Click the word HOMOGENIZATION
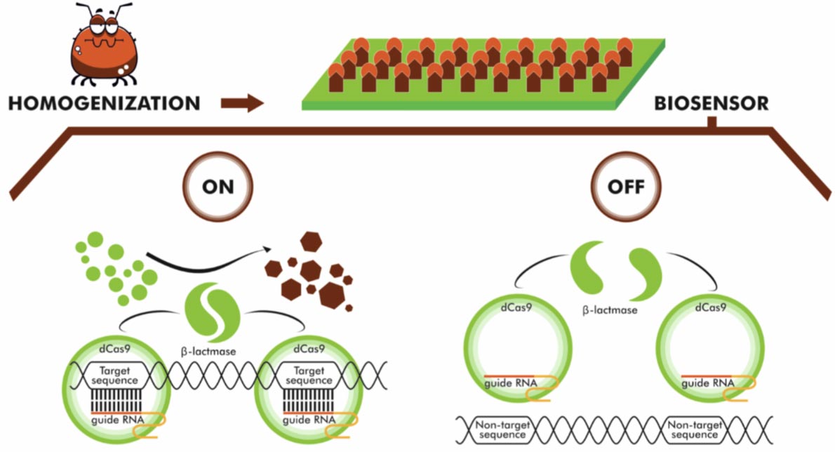105,104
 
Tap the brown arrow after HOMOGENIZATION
241,104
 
